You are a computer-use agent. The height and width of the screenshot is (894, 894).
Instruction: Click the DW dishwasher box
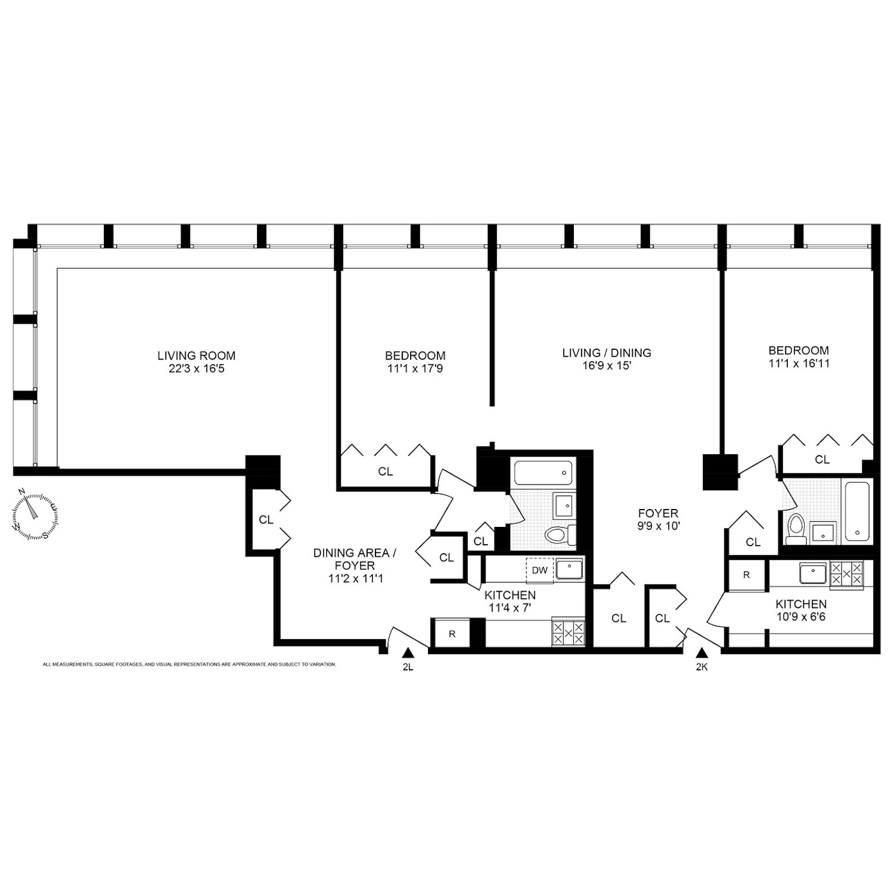tap(539, 570)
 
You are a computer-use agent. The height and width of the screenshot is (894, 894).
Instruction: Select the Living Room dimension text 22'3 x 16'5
tap(196, 369)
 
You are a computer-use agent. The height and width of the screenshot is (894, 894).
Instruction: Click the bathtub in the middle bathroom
tap(544, 473)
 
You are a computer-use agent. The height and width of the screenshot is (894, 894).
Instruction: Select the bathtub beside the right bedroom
tap(857, 512)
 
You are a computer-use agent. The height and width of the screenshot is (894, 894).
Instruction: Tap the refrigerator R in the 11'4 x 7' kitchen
tap(452, 634)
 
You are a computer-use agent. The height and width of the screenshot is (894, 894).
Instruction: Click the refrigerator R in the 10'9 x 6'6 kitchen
tap(746, 575)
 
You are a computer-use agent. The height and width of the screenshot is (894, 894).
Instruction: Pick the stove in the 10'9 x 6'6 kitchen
tap(846, 573)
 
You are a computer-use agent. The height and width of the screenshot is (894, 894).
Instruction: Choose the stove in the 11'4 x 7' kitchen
tap(568, 632)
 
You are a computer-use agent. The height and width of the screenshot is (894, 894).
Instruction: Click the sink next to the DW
tap(569, 569)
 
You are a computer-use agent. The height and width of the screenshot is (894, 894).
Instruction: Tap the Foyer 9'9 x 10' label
tap(659, 519)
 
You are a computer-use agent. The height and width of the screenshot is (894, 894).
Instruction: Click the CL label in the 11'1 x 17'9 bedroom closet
tap(385, 472)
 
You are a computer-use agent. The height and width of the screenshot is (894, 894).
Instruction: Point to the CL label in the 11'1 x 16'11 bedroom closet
tap(822, 459)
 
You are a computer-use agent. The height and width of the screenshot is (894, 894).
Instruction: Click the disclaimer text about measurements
tap(189, 664)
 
